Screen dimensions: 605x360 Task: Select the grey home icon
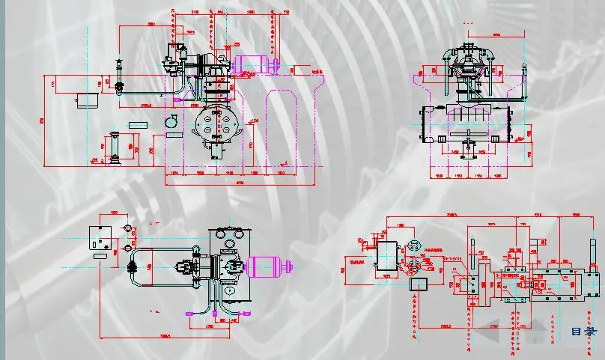tap(533, 324)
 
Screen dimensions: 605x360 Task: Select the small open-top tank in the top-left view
tap(89, 100)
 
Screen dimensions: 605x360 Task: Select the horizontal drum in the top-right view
tap(468, 123)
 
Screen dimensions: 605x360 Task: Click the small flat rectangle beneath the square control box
tap(100, 256)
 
